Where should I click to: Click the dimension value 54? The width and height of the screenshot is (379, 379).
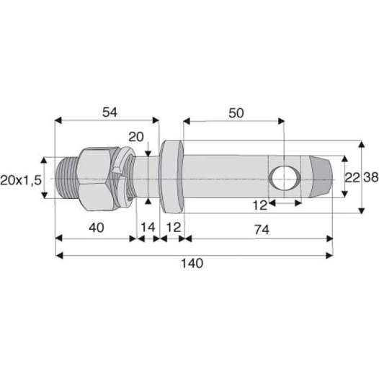click(x=109, y=112)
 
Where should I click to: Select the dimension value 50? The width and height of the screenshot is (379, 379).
click(x=236, y=112)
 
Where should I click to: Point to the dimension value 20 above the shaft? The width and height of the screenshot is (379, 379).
click(x=135, y=137)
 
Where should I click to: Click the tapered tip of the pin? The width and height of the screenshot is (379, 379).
click(x=323, y=177)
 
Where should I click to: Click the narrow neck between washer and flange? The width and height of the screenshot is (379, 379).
click(x=148, y=177)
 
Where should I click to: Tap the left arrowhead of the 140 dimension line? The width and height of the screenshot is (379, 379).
click(x=59, y=253)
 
